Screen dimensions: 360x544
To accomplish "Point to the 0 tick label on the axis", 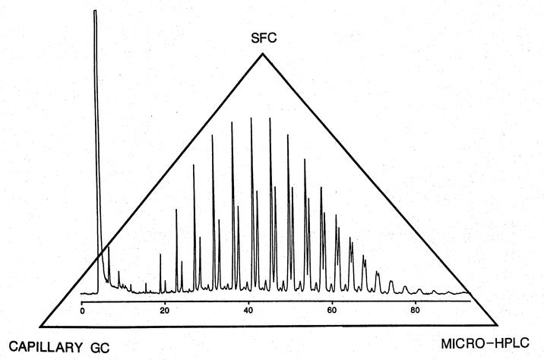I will pos(81,311).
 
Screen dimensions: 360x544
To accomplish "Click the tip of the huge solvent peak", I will pos(95,11).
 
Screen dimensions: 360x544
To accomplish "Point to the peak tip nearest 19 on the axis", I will pos(160,254).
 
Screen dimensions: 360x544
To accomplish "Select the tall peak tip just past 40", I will pos(251,118).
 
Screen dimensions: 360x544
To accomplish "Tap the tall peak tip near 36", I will pos(232,122).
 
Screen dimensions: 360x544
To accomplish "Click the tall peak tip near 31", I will pos(212,135).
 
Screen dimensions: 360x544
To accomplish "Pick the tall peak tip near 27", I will pos(194,165).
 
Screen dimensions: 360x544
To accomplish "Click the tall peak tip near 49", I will pos(287,134).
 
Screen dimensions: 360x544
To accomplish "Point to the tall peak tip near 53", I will pos(305,159).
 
